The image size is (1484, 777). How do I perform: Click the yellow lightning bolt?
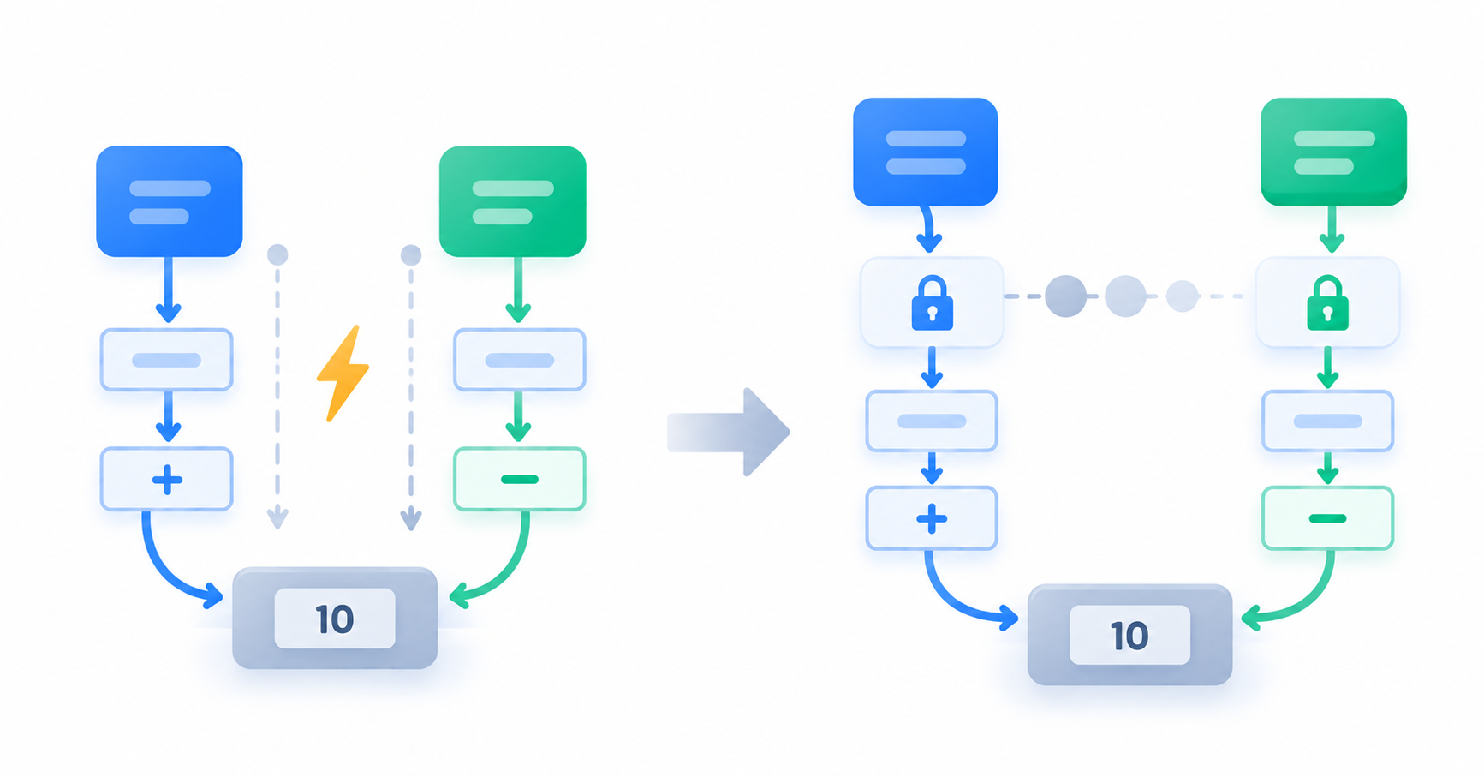[x=343, y=374]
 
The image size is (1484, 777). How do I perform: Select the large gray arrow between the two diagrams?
[x=729, y=432]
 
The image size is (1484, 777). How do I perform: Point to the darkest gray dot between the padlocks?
[x=1066, y=296]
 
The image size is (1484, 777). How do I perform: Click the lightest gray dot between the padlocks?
[x=1183, y=296]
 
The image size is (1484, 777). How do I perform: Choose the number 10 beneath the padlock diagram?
[x=1129, y=636]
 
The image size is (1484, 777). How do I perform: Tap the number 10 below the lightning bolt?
[x=335, y=619]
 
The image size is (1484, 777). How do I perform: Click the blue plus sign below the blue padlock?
[x=932, y=518]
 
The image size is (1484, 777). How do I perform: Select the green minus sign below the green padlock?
[x=1327, y=518]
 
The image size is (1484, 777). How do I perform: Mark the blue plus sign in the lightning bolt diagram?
[x=167, y=480]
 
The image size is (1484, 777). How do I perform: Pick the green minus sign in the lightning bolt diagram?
[x=519, y=480]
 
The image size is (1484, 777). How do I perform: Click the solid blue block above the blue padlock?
[x=926, y=152]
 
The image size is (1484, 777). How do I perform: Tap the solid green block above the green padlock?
[x=1333, y=152]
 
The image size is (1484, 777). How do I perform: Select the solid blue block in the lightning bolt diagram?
[x=170, y=201]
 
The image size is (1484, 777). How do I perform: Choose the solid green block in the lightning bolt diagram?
[x=513, y=201]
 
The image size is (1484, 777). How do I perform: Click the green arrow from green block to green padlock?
[x=1331, y=229]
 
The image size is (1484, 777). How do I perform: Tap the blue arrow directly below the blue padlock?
[x=932, y=368]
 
